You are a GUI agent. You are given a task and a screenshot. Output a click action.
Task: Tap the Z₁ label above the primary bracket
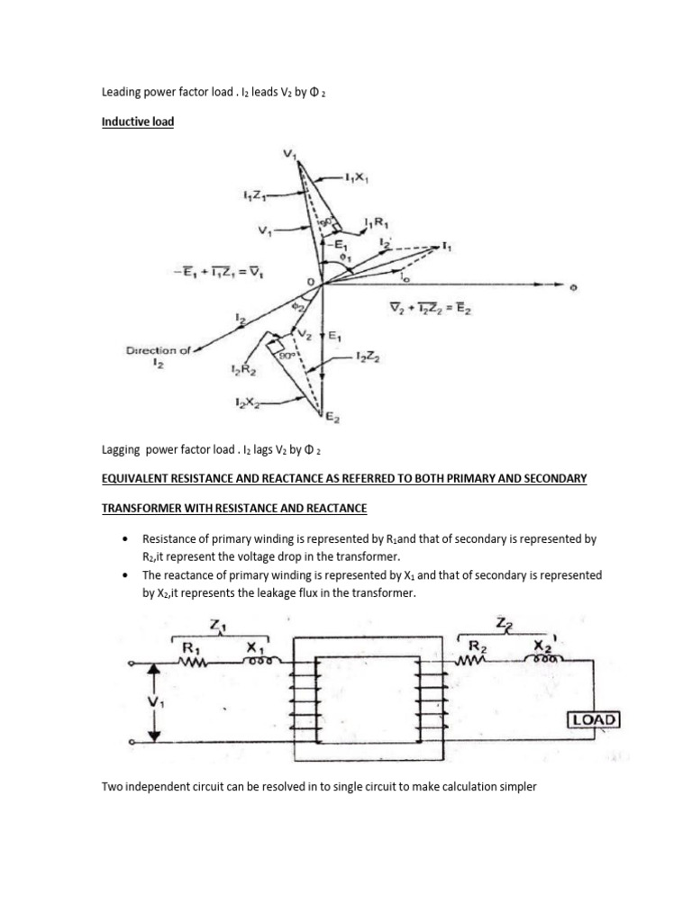coord(216,624)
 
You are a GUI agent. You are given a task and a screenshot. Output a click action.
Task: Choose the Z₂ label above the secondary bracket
coord(501,624)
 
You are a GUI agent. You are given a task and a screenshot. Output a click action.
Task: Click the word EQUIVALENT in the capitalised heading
coord(135,479)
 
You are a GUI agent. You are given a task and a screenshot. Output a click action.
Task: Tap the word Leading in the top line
coord(121,92)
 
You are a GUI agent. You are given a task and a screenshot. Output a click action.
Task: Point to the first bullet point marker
coord(124,538)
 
